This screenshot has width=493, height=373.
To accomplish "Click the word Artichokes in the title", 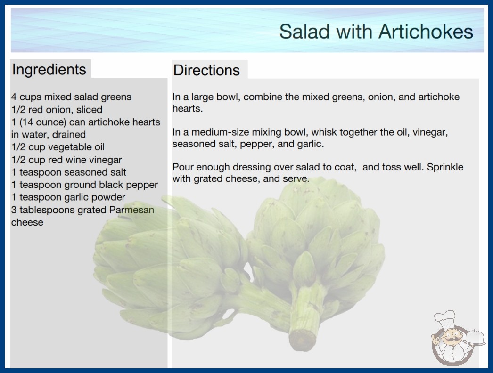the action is [426, 32].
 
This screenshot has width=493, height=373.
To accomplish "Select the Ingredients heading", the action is [49, 70].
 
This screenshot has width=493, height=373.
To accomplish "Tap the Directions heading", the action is [206, 70].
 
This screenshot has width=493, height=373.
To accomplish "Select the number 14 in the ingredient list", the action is [28, 122].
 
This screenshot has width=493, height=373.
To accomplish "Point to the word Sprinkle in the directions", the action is [445, 167].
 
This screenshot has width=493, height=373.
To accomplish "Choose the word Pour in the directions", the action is [182, 167].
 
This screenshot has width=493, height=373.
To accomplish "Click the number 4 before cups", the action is [14, 97].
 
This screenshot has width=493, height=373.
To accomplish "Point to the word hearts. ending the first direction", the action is [188, 109].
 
